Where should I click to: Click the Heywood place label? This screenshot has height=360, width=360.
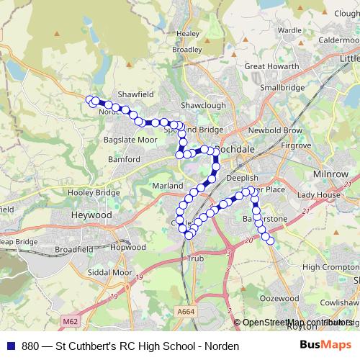click(91, 215)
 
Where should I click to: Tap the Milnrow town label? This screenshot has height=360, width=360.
click(330, 175)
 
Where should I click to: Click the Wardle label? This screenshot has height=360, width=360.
click(289, 30)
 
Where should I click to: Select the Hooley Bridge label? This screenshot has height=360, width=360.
click(93, 193)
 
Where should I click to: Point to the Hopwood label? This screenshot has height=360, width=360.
click(129, 247)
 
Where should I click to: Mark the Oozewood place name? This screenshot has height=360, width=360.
click(279, 297)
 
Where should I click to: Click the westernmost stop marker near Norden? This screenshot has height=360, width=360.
click(89, 100)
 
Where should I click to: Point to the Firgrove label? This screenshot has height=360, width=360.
click(296, 145)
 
